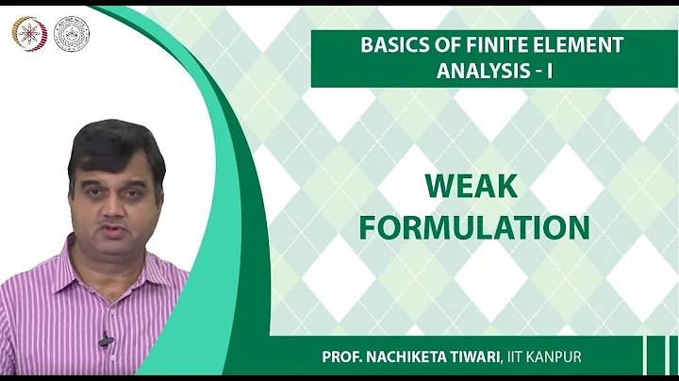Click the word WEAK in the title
coord(471,187)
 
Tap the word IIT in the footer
coord(548,360)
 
